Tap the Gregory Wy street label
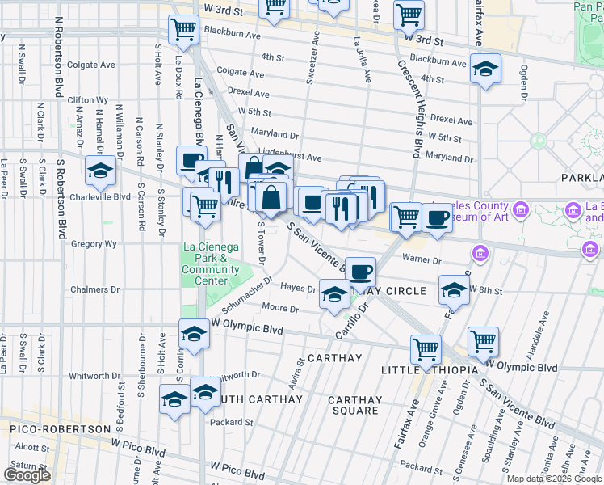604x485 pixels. [x=94, y=243]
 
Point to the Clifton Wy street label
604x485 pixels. [x=89, y=99]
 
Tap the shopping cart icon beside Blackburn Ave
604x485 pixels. [x=184, y=29]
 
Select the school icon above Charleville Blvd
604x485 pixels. [x=100, y=170]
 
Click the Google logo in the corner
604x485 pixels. [x=27, y=475]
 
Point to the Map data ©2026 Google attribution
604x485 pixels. [x=554, y=479]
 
